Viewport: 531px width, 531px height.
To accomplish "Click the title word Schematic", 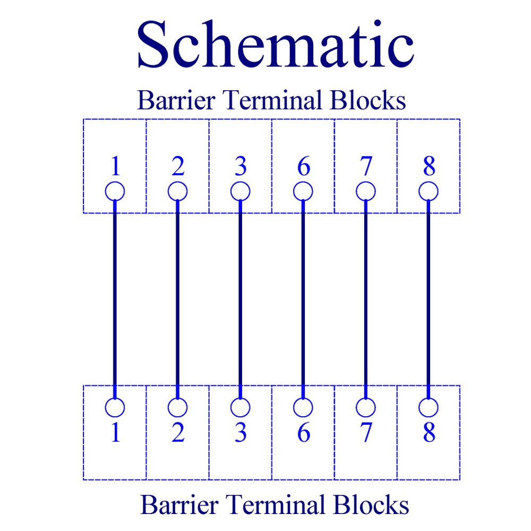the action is coord(275,44).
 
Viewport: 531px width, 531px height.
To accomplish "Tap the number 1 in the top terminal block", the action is coord(115,166).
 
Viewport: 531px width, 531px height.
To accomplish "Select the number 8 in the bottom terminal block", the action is coord(429,432).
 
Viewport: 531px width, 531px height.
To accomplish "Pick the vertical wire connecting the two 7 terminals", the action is coord(366,299).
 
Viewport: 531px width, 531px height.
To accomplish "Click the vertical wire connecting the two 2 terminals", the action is coord(178,299).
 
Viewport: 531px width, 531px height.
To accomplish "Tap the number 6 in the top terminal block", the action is coord(303,166).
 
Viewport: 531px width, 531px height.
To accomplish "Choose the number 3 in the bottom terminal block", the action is coord(241,432).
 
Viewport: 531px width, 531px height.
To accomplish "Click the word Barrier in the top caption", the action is coord(176,100).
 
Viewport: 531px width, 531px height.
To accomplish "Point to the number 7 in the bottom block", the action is coord(366,432).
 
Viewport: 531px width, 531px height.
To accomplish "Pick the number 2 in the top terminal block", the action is coord(178,166).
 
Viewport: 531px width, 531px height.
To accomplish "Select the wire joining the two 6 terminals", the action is coord(303,299).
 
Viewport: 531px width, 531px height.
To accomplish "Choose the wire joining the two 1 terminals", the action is coord(115,299).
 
